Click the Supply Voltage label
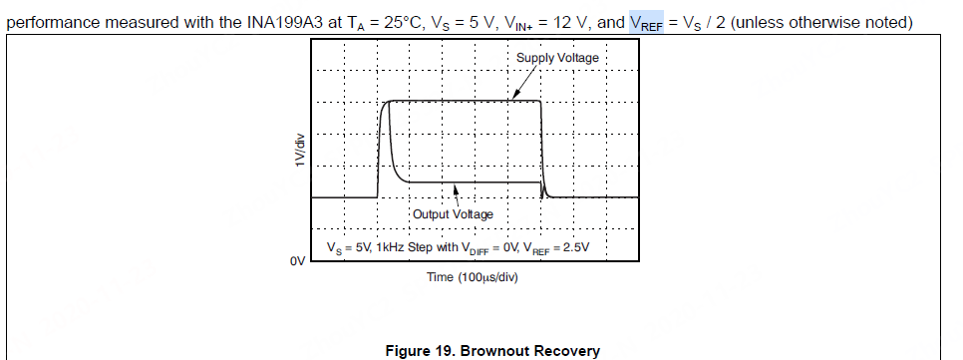tap(557, 58)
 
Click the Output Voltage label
tap(452, 214)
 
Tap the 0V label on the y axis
tap(296, 261)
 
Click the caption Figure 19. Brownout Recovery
tap(492, 350)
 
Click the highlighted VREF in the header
tap(646, 23)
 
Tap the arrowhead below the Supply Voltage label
tap(515, 98)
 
